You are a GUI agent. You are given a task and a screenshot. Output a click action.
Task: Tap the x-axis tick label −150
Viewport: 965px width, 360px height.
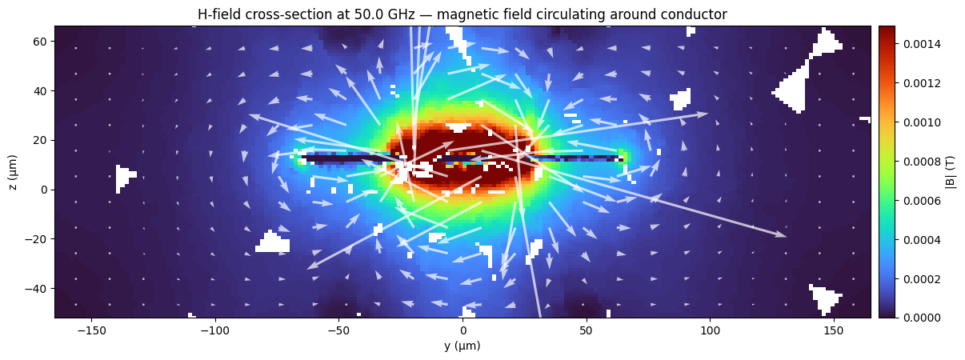91,330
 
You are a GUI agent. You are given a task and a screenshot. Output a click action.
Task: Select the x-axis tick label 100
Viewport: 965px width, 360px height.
710,330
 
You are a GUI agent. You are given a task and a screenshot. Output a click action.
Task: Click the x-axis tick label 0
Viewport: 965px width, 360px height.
462,330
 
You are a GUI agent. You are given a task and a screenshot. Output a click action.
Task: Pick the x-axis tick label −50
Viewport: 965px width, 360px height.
338,330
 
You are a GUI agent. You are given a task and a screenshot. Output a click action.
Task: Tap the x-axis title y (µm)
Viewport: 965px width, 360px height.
462,346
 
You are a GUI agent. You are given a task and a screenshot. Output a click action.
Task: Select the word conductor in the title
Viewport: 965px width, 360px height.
691,14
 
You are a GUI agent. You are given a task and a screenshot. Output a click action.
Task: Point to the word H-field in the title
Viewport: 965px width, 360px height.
219,14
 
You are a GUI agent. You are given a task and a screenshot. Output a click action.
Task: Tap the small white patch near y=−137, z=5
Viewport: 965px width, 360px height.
123,176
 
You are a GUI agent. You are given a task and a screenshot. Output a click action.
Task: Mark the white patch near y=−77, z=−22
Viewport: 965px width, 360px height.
273,243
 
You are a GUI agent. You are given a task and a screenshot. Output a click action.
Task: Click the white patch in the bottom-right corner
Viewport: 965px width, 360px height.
824,298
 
